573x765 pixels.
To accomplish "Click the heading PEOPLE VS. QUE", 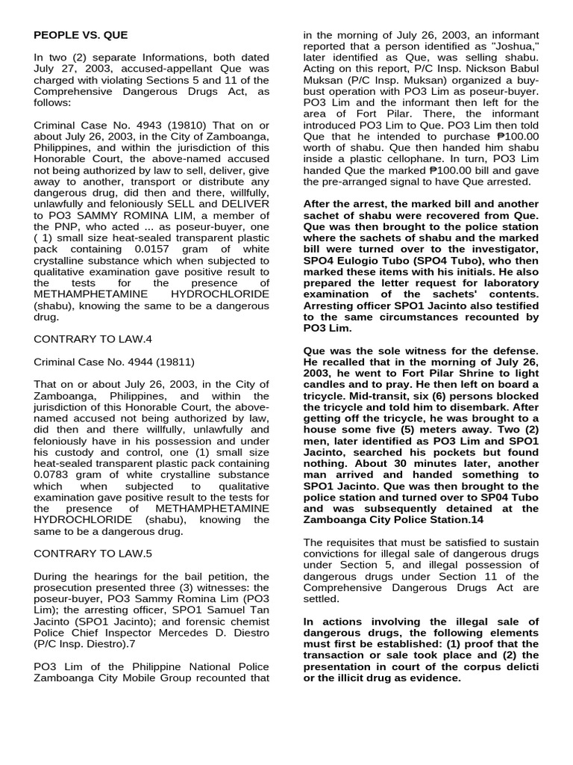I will [x=81, y=35].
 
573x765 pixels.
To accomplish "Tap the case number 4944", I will [x=134, y=362].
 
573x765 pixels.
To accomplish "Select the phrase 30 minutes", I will [x=375, y=463].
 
